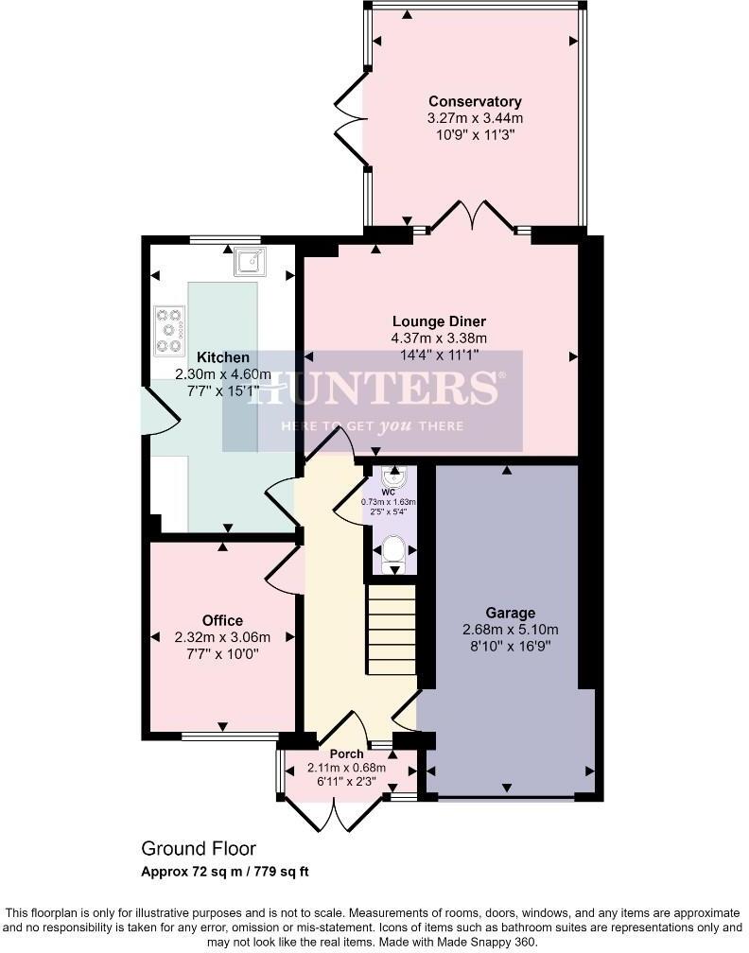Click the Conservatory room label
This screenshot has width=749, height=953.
pyautogui.click(x=475, y=102)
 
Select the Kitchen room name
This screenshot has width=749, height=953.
pyautogui.click(x=223, y=357)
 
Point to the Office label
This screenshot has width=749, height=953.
pyautogui.click(x=222, y=620)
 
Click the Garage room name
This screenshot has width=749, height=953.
pyautogui.click(x=511, y=613)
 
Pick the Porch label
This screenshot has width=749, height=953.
pyautogui.click(x=347, y=754)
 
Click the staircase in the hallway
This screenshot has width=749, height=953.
pyautogui.click(x=392, y=629)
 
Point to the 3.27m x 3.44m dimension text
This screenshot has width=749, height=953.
pyautogui.click(x=475, y=118)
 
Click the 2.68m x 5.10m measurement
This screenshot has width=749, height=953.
pyautogui.click(x=511, y=630)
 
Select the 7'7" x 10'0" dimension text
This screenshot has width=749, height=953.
pyautogui.click(x=222, y=653)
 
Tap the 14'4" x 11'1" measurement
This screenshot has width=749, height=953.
pyautogui.click(x=439, y=355)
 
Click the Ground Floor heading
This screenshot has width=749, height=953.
pyautogui.click(x=199, y=849)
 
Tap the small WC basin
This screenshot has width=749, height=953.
pyautogui.click(x=393, y=476)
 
